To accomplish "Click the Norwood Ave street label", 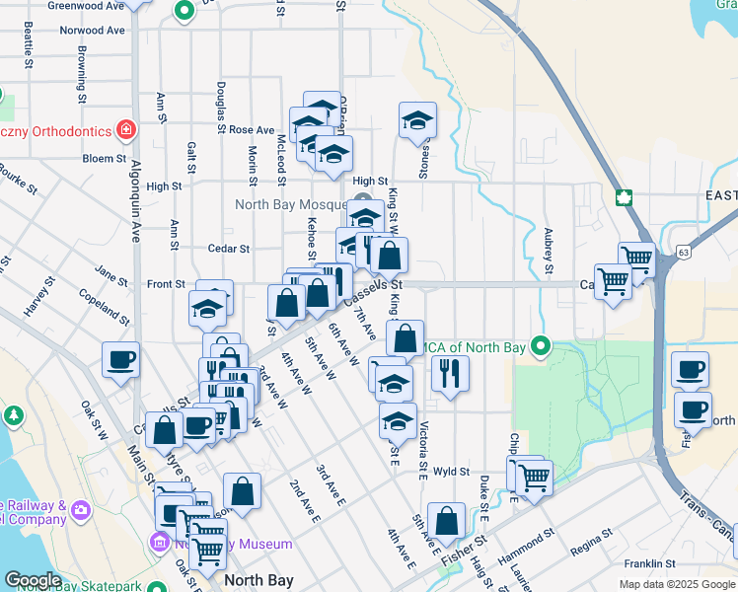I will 92,31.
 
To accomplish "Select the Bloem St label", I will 105,158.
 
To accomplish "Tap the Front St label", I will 166,284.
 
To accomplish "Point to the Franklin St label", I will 647,564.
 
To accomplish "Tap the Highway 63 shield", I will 685,254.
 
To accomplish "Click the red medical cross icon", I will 126,129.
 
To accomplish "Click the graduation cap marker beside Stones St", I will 417,120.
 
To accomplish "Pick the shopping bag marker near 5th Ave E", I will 447,520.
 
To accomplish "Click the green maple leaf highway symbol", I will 624,196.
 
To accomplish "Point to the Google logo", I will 33,580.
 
